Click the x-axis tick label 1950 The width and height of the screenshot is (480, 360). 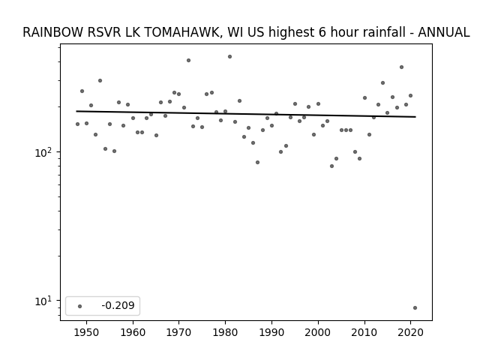(87, 332)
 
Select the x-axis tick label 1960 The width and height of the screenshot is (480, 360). (133, 332)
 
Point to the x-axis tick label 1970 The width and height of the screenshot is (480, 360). (179, 332)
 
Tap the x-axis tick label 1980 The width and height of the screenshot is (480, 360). (225, 332)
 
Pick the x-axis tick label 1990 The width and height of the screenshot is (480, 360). (271, 332)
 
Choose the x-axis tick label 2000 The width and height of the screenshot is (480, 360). (318, 332)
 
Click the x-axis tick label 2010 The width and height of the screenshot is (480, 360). (364, 332)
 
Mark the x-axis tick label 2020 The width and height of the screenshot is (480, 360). (410, 332)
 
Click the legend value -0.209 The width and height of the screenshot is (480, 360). (118, 305)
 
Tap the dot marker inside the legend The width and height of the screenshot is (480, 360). (80, 306)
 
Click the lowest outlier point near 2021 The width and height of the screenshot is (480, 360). (415, 308)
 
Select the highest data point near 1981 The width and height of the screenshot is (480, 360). (230, 57)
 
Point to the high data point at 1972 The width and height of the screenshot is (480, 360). (188, 60)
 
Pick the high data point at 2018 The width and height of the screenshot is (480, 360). (402, 67)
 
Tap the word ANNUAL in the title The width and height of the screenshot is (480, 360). (443, 32)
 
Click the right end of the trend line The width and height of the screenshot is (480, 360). (415, 117)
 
